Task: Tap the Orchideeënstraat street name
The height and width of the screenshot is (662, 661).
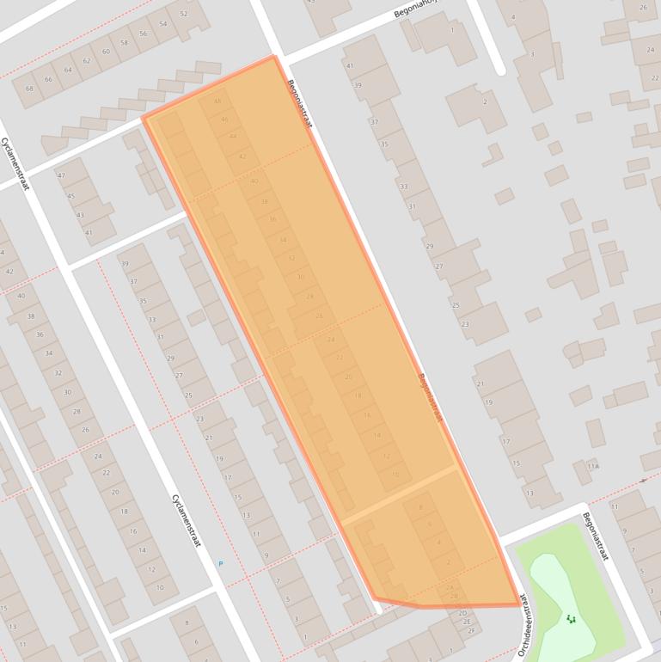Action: pos(525,633)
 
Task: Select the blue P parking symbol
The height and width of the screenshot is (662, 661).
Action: pos(220,564)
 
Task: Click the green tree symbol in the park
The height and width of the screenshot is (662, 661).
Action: pos(571,618)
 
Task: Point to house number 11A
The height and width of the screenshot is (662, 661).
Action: pos(592,467)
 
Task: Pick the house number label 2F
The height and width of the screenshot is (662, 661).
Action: pos(470,630)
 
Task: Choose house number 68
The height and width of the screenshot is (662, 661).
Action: pos(29,89)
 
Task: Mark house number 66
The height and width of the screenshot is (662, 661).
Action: pos(48,79)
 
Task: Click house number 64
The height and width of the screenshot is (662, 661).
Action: pos(67,70)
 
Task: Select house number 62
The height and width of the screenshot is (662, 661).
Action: pos(86,61)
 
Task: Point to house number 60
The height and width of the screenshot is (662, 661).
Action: pos(106,52)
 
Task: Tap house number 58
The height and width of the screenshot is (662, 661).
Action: pos(125,42)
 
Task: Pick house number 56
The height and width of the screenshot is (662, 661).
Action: pos(144,34)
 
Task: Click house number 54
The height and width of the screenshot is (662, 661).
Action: pos(162,24)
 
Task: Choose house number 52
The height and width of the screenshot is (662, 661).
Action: pos(183,14)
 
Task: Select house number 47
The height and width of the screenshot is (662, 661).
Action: pos(61,175)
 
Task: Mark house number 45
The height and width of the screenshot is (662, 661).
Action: pos(70,196)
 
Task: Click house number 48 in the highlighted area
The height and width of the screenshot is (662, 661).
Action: pos(217,101)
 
